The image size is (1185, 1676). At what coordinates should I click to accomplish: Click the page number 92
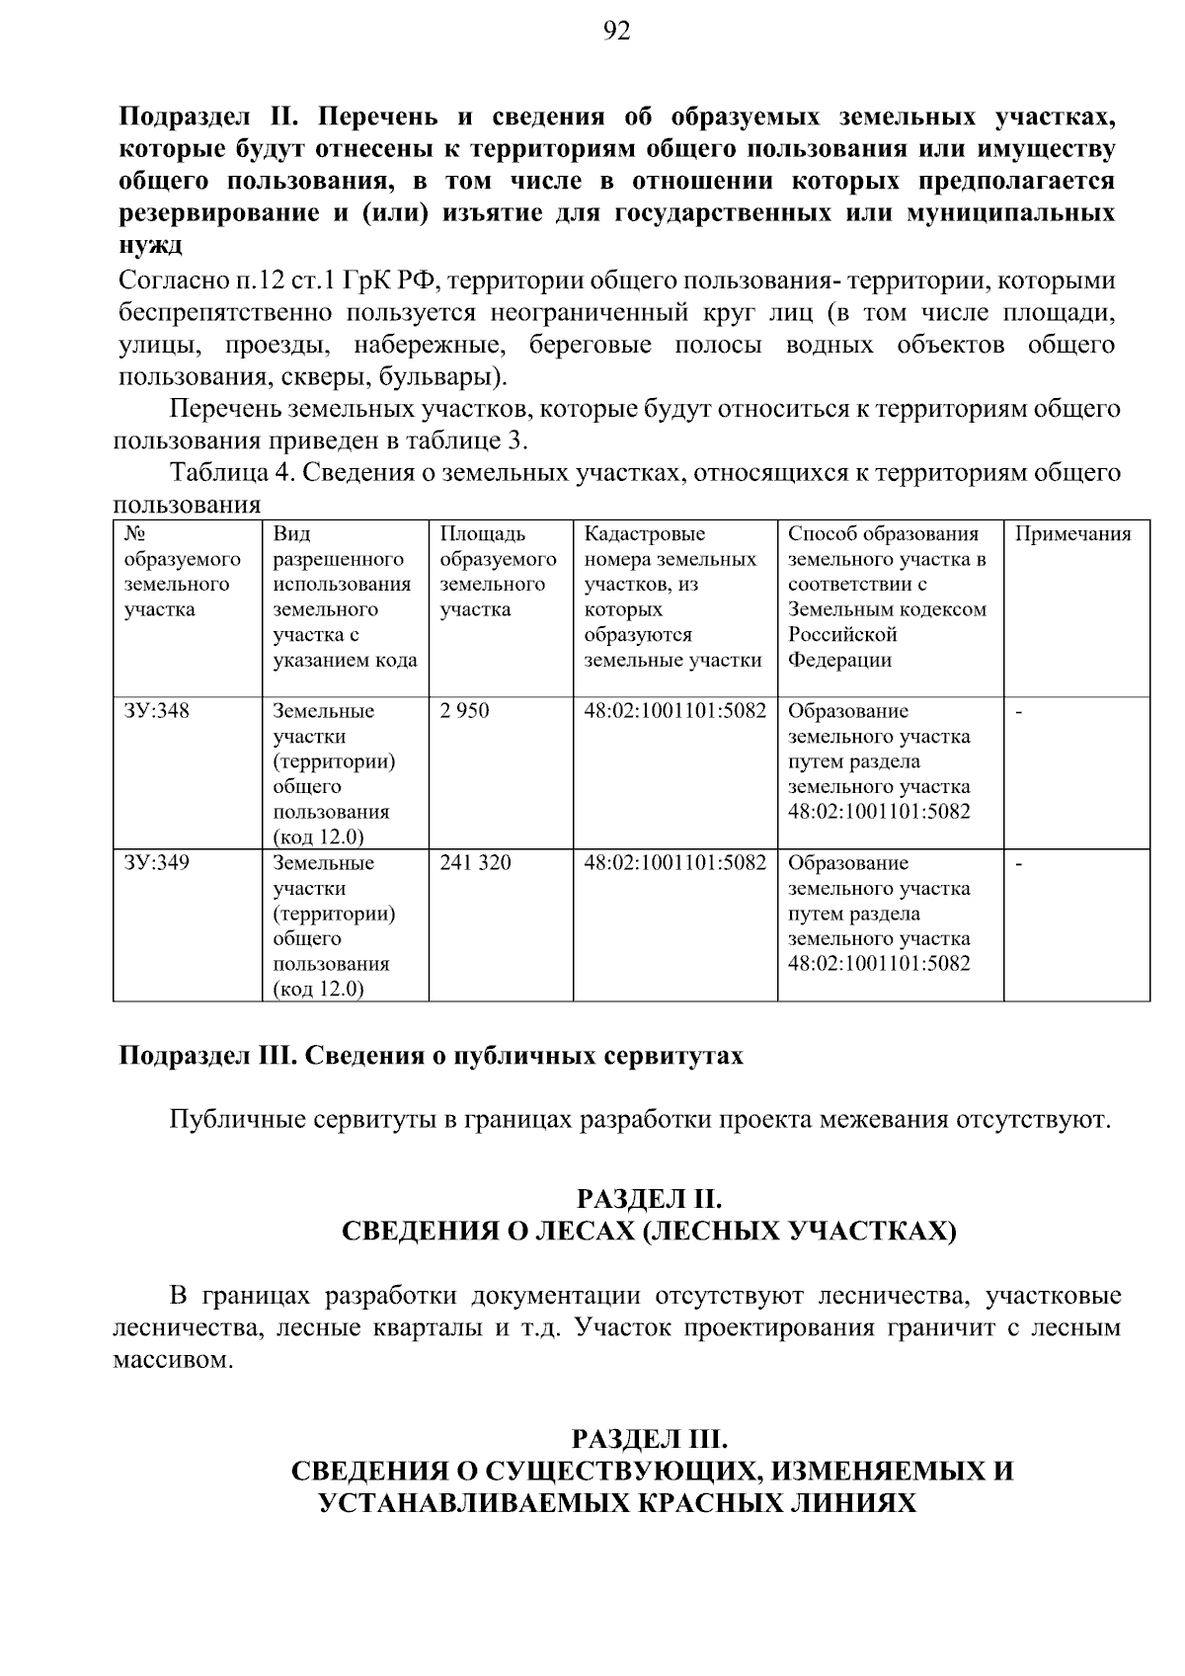(615, 33)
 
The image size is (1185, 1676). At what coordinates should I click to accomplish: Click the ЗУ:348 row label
(157, 711)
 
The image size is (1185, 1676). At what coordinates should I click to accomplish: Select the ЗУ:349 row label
(157, 863)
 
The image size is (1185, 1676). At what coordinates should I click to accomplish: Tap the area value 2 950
(464, 711)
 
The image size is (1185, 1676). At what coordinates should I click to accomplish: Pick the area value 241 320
(475, 863)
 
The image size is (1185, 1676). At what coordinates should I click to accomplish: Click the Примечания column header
(1073, 534)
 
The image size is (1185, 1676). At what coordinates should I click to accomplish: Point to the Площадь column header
(484, 534)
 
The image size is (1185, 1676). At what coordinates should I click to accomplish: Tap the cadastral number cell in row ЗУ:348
(675, 711)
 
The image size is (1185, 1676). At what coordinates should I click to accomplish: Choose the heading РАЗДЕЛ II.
(649, 1199)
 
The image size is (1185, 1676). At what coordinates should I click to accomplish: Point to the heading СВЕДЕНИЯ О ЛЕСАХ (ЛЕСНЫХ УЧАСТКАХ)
(649, 1232)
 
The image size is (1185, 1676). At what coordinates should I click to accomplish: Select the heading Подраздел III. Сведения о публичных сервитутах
(432, 1056)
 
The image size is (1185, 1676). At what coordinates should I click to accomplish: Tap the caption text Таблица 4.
(232, 473)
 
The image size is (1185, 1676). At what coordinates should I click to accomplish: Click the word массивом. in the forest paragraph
(174, 1360)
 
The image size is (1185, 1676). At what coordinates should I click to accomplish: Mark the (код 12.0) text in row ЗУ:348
(318, 838)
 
